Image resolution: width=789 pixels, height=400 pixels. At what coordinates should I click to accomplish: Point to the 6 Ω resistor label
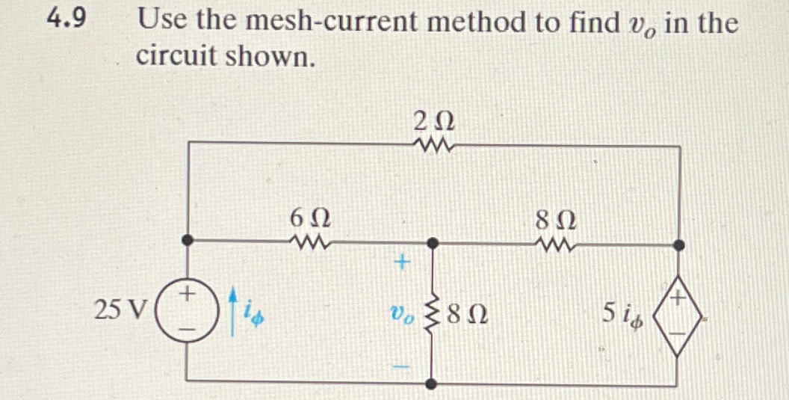tap(309, 219)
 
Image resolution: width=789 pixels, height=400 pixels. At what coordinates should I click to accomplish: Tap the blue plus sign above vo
tap(403, 262)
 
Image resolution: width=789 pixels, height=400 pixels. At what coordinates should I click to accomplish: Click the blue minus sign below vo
tap(403, 366)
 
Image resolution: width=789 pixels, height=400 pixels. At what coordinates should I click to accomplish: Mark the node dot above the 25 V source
tap(187, 241)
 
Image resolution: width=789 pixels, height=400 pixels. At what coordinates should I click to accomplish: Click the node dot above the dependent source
tap(679, 244)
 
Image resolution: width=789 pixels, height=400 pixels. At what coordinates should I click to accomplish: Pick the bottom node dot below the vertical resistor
tap(433, 383)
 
